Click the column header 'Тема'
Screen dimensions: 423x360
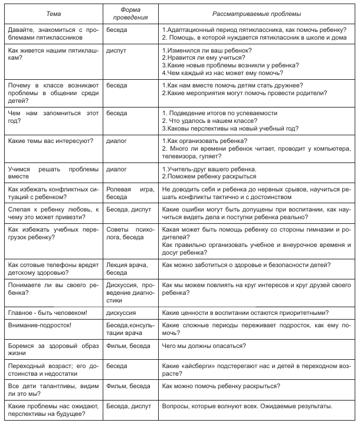tap(52, 13)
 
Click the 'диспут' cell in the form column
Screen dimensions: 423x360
tap(116, 51)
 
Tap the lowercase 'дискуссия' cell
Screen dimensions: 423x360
tap(122, 312)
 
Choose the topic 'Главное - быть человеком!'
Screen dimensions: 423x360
tap(48, 312)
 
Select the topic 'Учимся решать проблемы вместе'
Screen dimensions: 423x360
tap(51, 173)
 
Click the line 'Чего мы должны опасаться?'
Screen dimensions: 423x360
tap(204, 346)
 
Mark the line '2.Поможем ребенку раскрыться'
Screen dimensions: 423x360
tap(210, 176)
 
